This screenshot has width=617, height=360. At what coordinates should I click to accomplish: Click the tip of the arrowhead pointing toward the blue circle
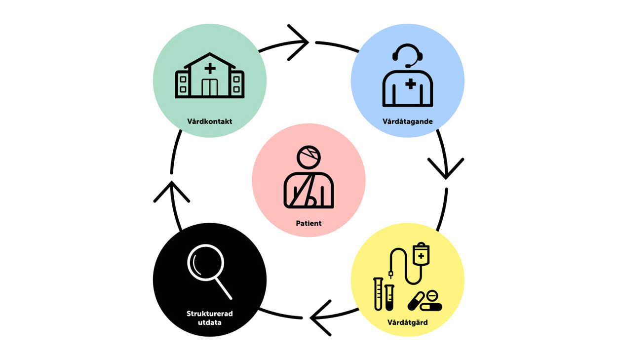click(308, 42)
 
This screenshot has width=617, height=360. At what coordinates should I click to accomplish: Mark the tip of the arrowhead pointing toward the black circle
click(310, 318)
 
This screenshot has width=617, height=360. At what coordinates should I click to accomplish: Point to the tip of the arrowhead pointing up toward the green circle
click(172, 182)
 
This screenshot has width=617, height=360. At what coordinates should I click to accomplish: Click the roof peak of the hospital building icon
click(210, 53)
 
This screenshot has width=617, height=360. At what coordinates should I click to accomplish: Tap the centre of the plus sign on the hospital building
click(210, 68)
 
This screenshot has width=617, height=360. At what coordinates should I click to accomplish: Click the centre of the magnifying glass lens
click(205, 262)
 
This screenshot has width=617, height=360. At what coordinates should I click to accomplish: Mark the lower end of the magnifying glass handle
click(231, 298)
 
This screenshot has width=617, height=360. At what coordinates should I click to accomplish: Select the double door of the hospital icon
click(210, 87)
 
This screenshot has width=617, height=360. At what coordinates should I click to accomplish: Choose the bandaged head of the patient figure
click(308, 158)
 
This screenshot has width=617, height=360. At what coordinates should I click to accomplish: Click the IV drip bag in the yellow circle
click(421, 254)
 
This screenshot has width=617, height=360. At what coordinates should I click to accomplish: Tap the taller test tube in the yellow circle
click(378, 294)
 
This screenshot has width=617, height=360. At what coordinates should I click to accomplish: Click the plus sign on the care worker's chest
click(410, 84)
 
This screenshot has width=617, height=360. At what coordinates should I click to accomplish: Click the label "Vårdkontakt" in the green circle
click(210, 121)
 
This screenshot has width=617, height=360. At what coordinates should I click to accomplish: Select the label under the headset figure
click(407, 121)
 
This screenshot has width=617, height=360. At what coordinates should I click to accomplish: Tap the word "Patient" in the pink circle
click(308, 223)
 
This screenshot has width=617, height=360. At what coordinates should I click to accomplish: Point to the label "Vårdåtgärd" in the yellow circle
click(407, 322)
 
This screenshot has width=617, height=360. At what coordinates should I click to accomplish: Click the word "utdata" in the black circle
click(210, 322)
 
